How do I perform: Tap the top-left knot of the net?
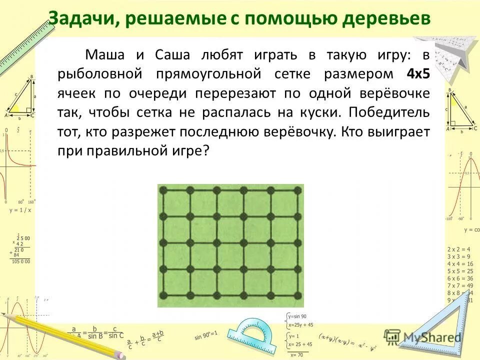(x=163, y=190)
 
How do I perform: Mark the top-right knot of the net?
(x=298, y=190)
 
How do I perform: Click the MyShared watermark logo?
(x=423, y=337)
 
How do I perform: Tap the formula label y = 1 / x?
(x=20, y=210)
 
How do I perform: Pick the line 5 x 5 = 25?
(x=458, y=270)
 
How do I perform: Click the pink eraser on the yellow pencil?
(x=120, y=354)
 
